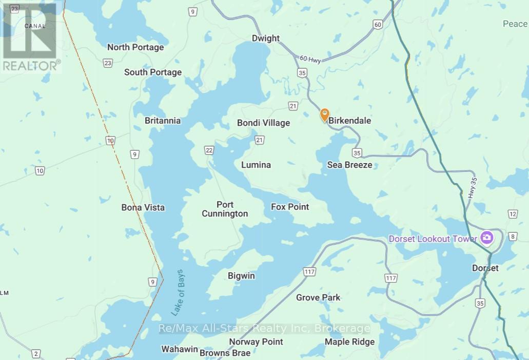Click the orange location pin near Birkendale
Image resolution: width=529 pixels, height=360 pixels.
[x=324, y=114]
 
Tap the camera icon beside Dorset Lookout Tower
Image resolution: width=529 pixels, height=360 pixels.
[x=486, y=237]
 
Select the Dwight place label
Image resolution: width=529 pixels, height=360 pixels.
[x=266, y=38]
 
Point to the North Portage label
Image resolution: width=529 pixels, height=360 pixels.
[x=135, y=47]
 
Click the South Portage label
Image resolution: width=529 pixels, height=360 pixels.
[x=153, y=72]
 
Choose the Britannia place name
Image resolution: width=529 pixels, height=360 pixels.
[x=163, y=121]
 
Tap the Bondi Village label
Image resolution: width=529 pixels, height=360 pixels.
[x=263, y=123]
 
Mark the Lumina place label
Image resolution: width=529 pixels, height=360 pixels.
[x=256, y=165]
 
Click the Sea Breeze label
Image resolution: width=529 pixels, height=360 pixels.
[x=349, y=165]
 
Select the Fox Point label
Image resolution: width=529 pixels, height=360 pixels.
[x=290, y=207]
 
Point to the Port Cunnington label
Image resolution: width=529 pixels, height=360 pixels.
[x=225, y=209]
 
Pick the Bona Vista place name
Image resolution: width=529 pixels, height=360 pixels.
[x=143, y=208]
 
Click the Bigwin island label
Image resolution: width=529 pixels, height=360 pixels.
[x=241, y=276]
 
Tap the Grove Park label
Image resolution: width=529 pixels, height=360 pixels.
[x=318, y=297]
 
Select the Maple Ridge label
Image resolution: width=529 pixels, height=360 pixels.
[x=349, y=342]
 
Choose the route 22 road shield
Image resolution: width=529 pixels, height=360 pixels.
[x=209, y=150]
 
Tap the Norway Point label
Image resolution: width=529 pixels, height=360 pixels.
[x=256, y=342]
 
